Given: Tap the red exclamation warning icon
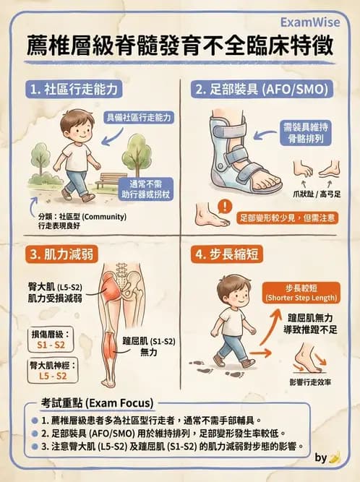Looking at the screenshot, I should (x=227, y=207).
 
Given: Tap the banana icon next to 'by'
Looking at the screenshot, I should (x=335, y=457).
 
